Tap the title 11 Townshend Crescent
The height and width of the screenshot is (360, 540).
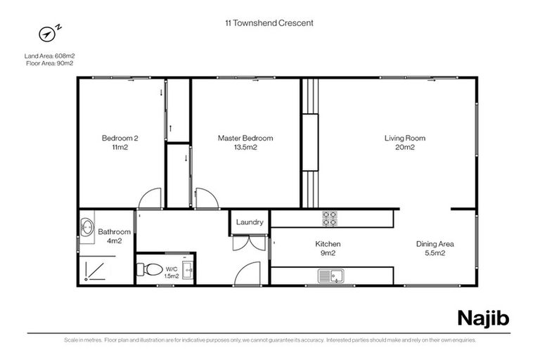click(264, 22)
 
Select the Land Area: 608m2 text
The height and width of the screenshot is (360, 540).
click(50, 56)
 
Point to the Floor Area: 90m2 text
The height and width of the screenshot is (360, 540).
click(50, 63)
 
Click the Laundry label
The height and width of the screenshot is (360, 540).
click(250, 222)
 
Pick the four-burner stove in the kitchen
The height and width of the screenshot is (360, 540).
click(329, 218)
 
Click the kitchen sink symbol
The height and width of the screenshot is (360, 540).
click(330, 275)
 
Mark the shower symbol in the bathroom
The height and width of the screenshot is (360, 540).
click(94, 270)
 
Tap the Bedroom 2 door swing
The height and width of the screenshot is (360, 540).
click(151, 199)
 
